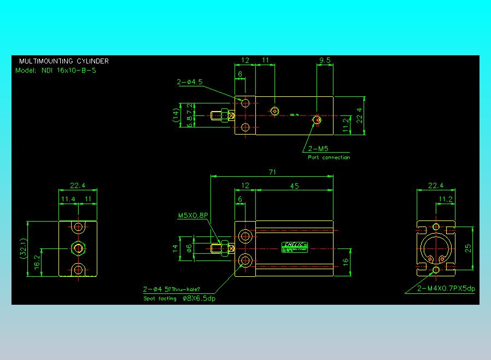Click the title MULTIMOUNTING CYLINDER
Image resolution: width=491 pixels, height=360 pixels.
click(x=64, y=61)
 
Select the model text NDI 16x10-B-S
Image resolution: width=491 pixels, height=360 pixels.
click(x=69, y=70)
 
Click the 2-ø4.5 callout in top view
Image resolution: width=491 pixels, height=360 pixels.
click(x=190, y=82)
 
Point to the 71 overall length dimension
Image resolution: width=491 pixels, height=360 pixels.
click(x=272, y=172)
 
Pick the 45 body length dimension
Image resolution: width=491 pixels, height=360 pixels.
click(x=294, y=186)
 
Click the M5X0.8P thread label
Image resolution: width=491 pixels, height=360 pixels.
click(x=193, y=216)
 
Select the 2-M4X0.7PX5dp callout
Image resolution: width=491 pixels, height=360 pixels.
click(x=446, y=288)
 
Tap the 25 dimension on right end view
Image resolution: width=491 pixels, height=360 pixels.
click(x=467, y=248)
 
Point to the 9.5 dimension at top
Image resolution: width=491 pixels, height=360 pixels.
click(x=325, y=61)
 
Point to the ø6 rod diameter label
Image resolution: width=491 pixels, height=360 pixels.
click(x=189, y=248)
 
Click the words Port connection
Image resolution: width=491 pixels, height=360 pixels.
click(x=329, y=158)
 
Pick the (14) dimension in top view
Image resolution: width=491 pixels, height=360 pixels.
click(x=176, y=115)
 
